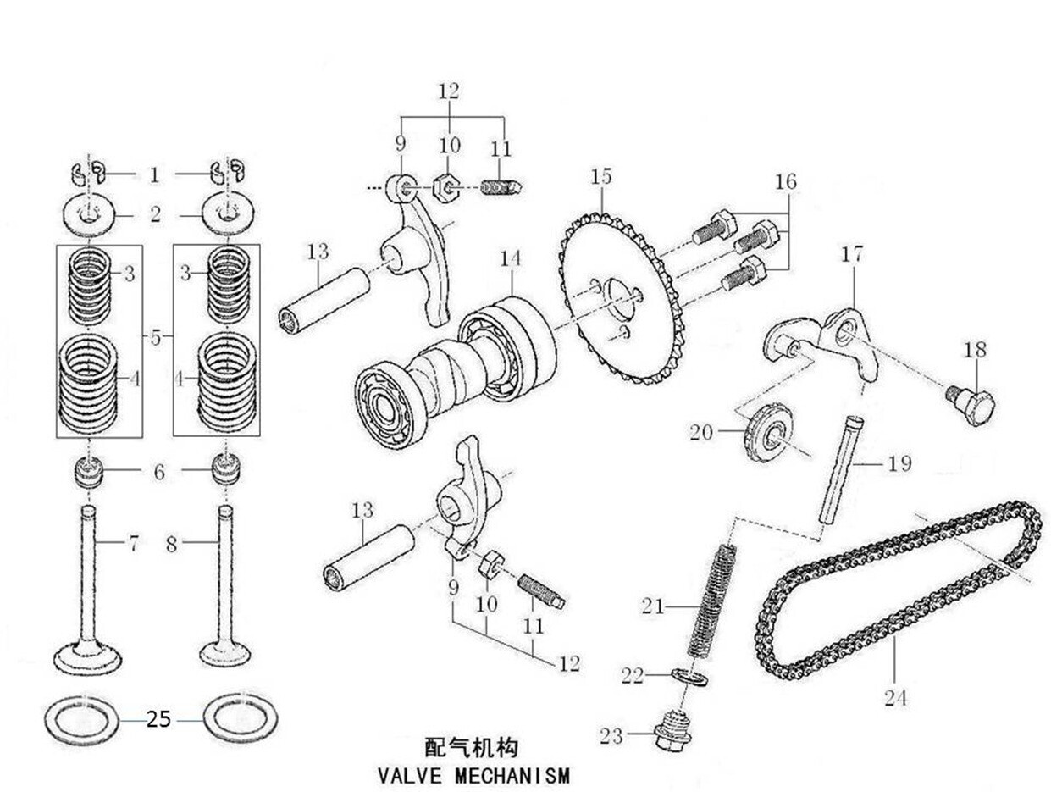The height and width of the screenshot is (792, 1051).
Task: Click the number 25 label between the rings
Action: click(158, 720)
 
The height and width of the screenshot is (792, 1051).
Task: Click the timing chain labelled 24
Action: click(898, 593)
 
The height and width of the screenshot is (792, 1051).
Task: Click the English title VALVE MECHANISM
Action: click(473, 776)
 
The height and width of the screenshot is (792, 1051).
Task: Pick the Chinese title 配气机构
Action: click(471, 747)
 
